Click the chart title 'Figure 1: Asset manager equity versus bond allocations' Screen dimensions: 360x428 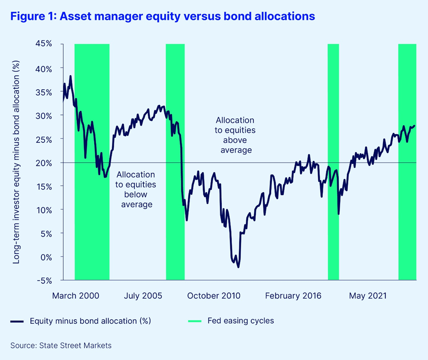tap(163, 16)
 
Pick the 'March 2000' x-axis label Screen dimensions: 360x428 tap(76, 296)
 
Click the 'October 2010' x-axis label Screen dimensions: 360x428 tap(214, 296)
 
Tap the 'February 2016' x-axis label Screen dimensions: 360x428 tap(293, 296)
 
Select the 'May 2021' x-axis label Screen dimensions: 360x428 tap(368, 296)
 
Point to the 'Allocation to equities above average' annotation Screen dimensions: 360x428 tap(235, 135)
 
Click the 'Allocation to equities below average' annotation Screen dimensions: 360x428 tap(136, 189)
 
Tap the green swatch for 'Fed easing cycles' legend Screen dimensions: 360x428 tap(194, 321)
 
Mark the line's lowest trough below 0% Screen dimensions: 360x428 tap(238, 267)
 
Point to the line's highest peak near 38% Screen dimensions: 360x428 tap(71, 76)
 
